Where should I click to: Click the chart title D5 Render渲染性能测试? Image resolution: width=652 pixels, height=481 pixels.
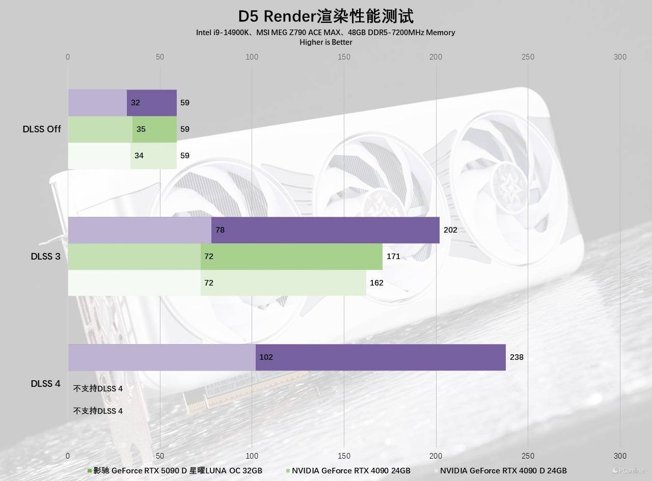point(325,15)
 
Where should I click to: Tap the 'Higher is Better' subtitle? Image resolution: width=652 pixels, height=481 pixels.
point(325,42)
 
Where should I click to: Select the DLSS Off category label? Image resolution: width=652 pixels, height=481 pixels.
point(42,129)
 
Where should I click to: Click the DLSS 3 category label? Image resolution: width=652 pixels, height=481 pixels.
point(45,257)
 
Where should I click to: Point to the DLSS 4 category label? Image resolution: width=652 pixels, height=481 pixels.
point(45,384)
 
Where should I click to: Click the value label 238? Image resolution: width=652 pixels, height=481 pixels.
point(517,357)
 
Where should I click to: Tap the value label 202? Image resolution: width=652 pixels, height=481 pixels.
point(450,230)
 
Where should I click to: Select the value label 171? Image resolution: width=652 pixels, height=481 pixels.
point(393,257)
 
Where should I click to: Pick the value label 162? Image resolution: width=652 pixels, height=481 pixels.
point(376,283)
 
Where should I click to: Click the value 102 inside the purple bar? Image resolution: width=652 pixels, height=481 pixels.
point(266,357)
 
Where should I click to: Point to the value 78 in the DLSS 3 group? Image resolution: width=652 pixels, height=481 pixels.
point(220,230)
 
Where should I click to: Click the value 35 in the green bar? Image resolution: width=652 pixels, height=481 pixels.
point(141,129)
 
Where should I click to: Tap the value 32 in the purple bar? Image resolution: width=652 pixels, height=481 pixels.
point(135,103)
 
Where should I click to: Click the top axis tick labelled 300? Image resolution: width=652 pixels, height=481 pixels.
point(620,57)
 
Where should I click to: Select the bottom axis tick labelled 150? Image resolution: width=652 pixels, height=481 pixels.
point(344,456)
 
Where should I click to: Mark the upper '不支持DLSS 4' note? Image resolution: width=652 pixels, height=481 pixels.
point(98,389)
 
